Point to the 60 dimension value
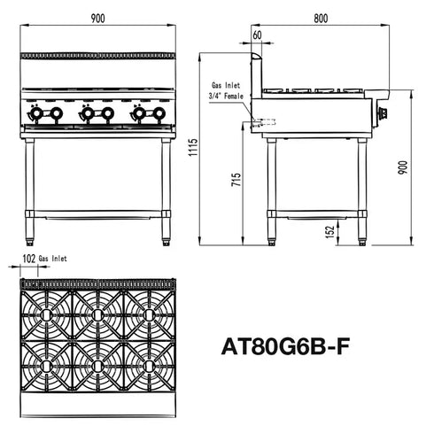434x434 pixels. coord(257,36)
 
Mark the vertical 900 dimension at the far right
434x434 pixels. coord(403,168)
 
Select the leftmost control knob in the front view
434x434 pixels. coord(36,113)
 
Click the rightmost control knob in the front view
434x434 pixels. coord(159,113)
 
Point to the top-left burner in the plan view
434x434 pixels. coord(46,310)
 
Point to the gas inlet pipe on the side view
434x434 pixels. coord(263,122)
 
